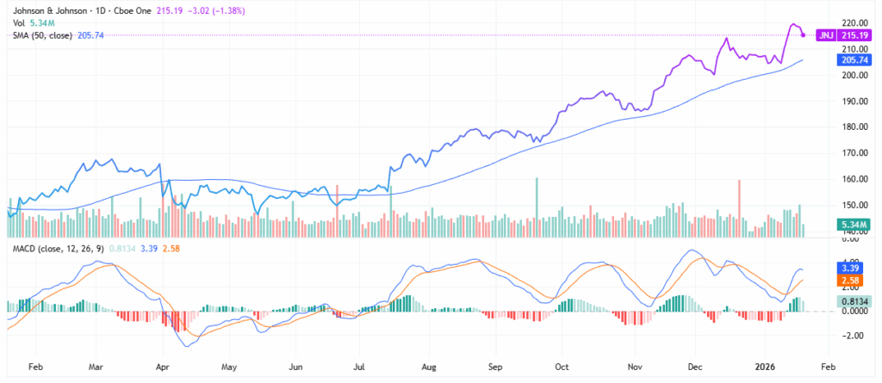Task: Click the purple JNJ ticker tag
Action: [824, 34]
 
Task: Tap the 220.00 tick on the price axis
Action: [853, 22]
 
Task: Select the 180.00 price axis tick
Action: [853, 127]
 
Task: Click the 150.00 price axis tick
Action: [853, 205]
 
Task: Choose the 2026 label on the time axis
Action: [767, 367]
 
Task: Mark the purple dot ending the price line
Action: [804, 34]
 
